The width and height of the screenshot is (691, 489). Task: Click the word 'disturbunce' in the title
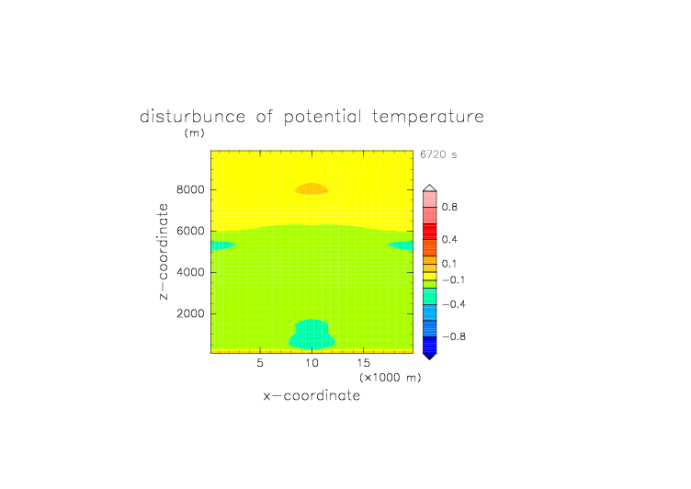pyautogui.click(x=193, y=117)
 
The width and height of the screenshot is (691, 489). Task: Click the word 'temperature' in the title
pyautogui.click(x=428, y=117)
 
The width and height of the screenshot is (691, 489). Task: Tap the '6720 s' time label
pyautogui.click(x=438, y=154)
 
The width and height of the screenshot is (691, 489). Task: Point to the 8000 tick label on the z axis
pyautogui.click(x=190, y=189)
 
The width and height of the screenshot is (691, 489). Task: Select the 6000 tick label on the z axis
pyautogui.click(x=190, y=231)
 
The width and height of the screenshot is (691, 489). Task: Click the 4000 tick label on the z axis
pyautogui.click(x=190, y=272)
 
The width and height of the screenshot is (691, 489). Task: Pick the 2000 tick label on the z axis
pyautogui.click(x=190, y=313)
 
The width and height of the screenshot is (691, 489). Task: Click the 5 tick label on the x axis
pyautogui.click(x=260, y=363)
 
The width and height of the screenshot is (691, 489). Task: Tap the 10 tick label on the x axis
pyautogui.click(x=312, y=363)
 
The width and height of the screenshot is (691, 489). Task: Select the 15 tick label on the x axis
pyautogui.click(x=364, y=363)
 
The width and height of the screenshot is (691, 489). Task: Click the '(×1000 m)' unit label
pyautogui.click(x=391, y=378)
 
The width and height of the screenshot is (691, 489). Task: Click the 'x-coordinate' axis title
pyautogui.click(x=312, y=395)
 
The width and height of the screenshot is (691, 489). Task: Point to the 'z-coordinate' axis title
pyautogui.click(x=163, y=252)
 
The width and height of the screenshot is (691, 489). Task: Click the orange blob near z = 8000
pyautogui.click(x=312, y=188)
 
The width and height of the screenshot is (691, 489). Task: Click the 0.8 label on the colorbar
pyautogui.click(x=449, y=207)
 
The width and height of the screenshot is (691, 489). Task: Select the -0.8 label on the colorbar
pyautogui.click(x=454, y=336)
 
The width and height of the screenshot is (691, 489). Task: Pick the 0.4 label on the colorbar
pyautogui.click(x=449, y=239)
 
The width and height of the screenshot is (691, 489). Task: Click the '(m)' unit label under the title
pyautogui.click(x=195, y=132)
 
